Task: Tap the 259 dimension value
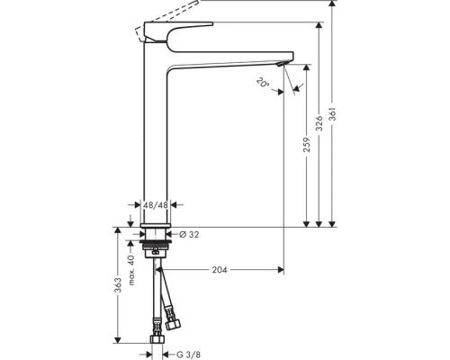tap(307, 145)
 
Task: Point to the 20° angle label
tap(262, 84)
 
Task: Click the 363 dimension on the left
tap(118, 288)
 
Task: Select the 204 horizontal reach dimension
tap(220, 267)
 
